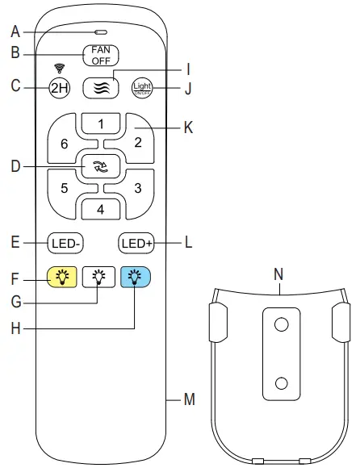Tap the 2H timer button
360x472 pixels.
pos(61,88)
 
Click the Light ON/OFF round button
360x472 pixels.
pos(141,88)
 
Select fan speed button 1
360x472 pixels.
pos(101,124)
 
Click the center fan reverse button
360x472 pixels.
pos(101,167)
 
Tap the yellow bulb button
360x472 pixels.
pos(61,278)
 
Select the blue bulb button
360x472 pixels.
pos(135,278)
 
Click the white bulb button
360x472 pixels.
pos(98,278)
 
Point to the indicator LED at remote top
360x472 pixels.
pos(101,32)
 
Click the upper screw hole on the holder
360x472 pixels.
pos(281,324)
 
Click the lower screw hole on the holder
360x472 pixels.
pos(281,382)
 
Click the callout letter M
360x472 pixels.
pos(190,399)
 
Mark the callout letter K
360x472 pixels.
pos(189,126)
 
